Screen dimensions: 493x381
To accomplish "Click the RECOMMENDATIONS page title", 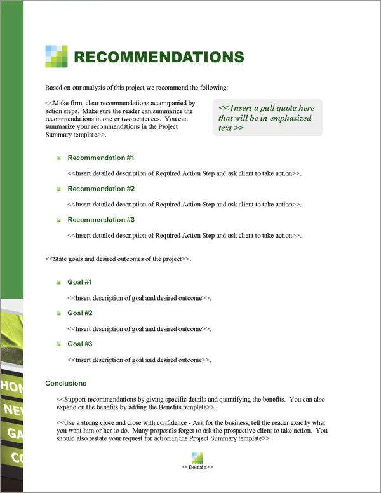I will click(159, 57).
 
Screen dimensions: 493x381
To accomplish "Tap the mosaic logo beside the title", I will click(57, 57).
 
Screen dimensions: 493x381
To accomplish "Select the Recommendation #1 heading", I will click(101, 158).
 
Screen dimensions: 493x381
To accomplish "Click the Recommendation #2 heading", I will click(101, 189).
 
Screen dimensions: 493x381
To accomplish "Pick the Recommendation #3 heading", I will click(101, 220).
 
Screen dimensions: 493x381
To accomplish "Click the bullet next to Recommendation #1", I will click(58, 158).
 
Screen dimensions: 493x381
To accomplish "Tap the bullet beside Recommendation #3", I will click(58, 220).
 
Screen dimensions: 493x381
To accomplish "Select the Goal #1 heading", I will click(80, 282).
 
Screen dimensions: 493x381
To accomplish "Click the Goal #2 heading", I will click(80, 313).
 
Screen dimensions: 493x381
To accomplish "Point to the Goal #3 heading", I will click(80, 344).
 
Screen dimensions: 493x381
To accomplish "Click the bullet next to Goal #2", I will click(58, 314).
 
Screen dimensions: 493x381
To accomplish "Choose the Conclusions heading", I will click(66, 384).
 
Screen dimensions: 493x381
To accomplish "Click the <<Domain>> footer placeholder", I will click(197, 467).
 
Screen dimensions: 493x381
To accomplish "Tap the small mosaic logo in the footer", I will click(197, 457).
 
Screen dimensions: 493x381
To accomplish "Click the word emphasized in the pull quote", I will click(289, 118).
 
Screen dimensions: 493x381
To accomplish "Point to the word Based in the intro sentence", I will click(53, 87).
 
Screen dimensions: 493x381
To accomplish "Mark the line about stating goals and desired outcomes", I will click(118, 259).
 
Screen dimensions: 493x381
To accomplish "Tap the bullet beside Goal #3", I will click(58, 345).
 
